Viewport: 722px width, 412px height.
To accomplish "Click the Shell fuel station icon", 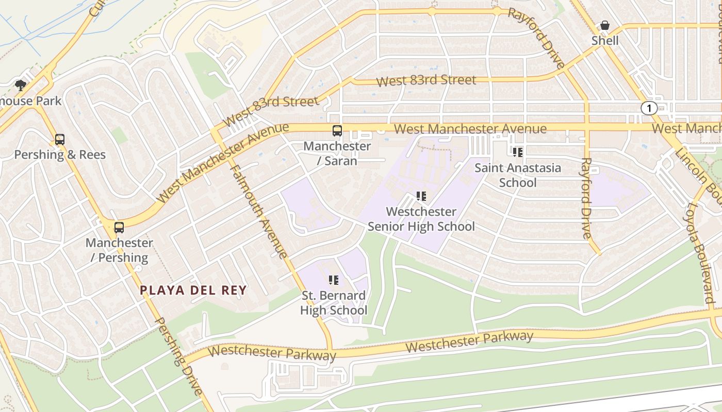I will tap(605, 25).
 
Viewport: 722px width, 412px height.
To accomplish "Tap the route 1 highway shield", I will tap(649, 108).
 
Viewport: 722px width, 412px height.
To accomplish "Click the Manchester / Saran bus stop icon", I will tap(337, 131).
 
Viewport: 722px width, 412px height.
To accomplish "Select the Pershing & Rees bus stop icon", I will tap(60, 140).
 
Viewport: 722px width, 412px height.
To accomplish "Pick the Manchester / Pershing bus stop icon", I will tap(119, 228).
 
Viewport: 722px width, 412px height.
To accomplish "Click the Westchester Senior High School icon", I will tap(421, 196).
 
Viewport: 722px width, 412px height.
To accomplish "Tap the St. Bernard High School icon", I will tap(334, 280).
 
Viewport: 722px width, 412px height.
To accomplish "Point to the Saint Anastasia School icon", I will tap(518, 152).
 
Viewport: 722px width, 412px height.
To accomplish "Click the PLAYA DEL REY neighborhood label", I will tap(193, 290).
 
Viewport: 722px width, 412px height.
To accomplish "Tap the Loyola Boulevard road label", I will tap(700, 252).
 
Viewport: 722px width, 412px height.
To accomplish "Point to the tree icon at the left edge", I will tap(21, 85).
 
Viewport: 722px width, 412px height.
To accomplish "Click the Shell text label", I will tap(605, 41).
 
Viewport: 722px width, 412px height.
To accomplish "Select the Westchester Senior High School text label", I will tap(421, 219).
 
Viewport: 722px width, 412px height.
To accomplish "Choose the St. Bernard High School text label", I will tap(334, 303).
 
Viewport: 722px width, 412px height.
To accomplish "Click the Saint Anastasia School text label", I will tap(518, 175).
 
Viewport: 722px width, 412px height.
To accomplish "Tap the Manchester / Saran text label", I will tap(337, 153).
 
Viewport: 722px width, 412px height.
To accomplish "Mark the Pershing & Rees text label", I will tap(60, 154).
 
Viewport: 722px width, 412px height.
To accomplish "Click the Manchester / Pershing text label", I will tap(119, 250).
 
